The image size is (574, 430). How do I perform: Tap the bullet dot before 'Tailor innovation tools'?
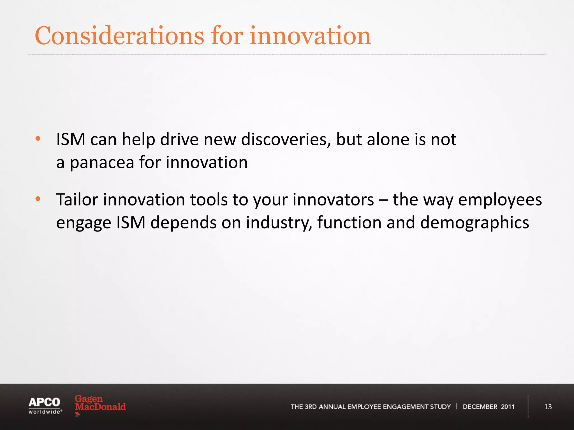pyautogui.click(x=38, y=199)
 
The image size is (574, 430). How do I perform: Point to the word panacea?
pyautogui.click(x=102, y=163)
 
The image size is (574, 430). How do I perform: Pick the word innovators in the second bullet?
pyautogui.click(x=333, y=200)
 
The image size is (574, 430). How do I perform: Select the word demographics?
pyautogui.click(x=475, y=223)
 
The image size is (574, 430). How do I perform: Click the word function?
pyautogui.click(x=349, y=223)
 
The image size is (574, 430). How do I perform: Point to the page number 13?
pyautogui.click(x=548, y=407)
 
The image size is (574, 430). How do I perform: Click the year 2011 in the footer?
pyautogui.click(x=508, y=407)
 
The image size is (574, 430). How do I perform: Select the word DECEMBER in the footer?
pyautogui.click(x=480, y=407)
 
